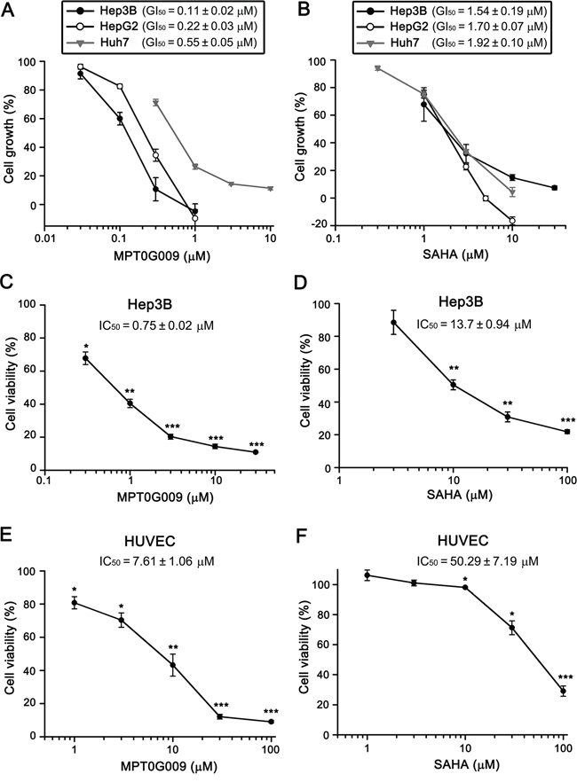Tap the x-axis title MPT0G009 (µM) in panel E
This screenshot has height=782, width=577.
click(163, 763)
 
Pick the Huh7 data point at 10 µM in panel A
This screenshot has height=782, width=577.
click(271, 189)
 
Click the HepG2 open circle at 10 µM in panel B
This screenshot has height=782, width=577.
click(512, 221)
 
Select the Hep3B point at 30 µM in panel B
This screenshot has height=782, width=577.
click(554, 188)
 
